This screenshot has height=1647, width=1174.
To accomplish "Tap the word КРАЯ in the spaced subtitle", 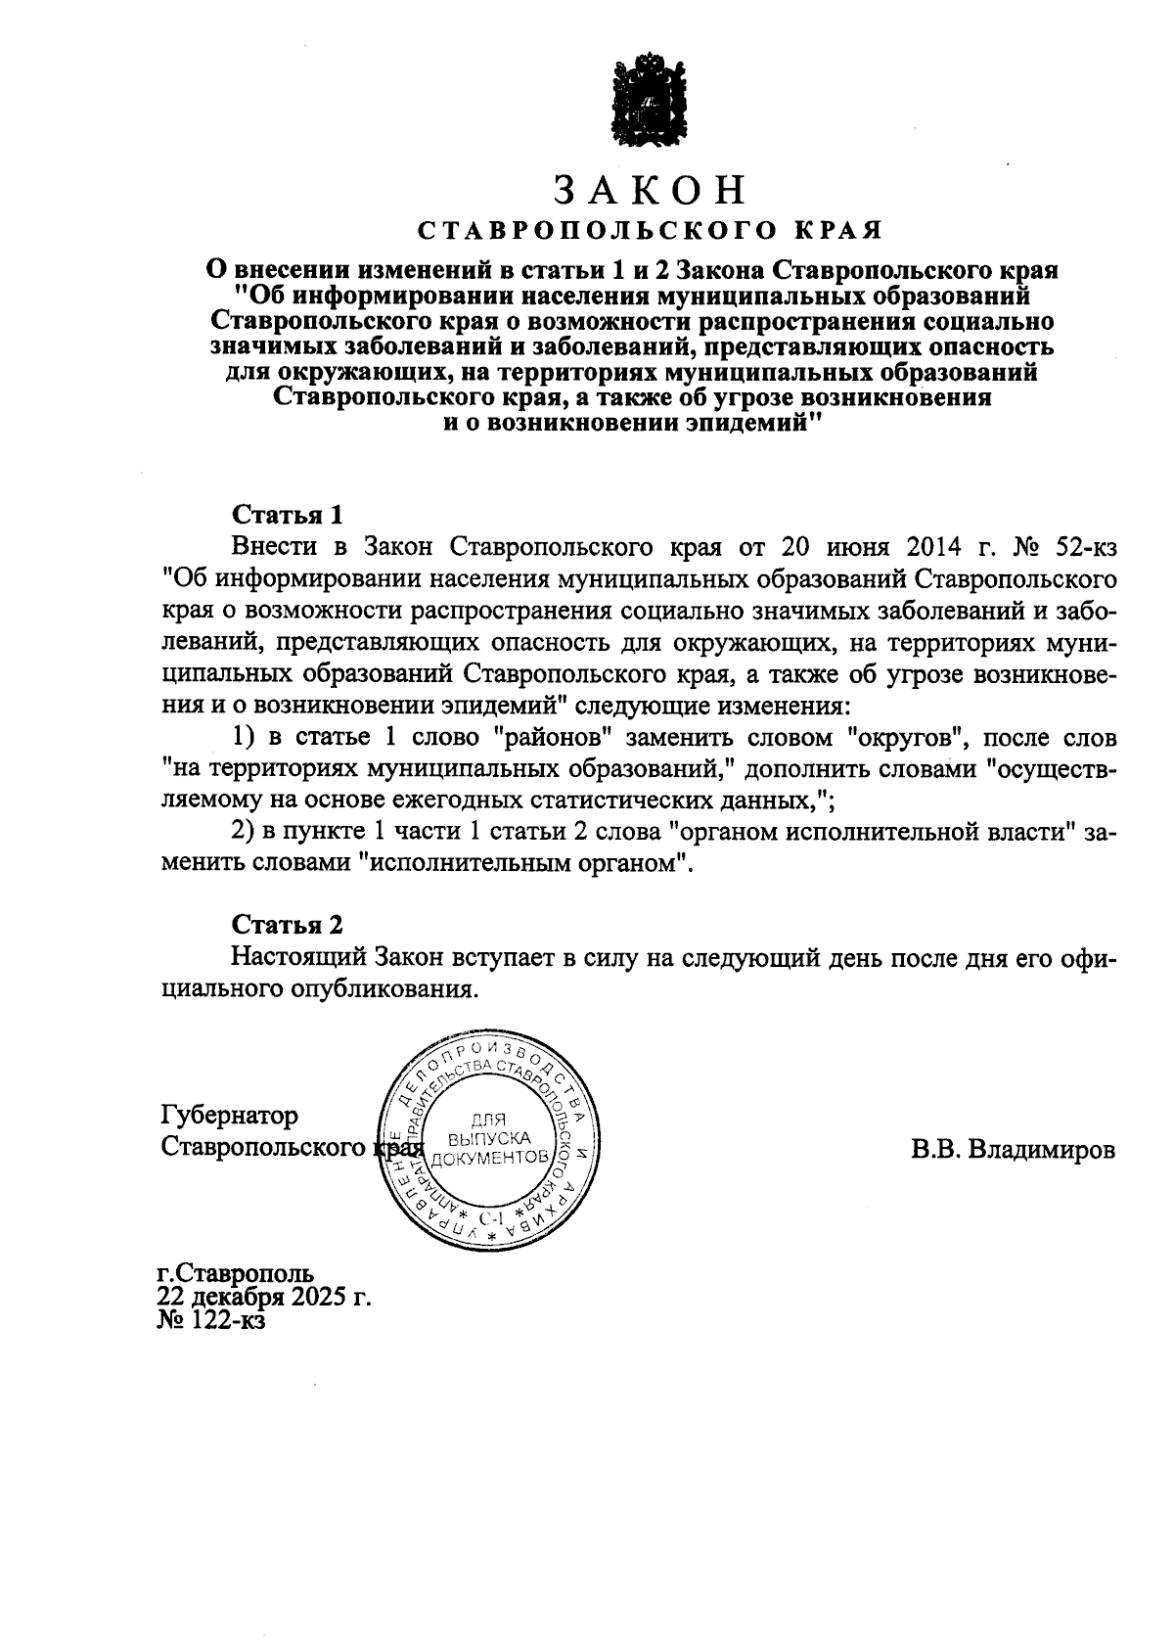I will pyautogui.click(x=843, y=231).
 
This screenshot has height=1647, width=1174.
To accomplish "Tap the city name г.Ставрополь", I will pyautogui.click(x=236, y=1275).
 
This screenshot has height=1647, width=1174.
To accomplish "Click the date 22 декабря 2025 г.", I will pyautogui.click(x=265, y=1299).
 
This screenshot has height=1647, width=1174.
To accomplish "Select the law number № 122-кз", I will pyautogui.click(x=210, y=1321).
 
